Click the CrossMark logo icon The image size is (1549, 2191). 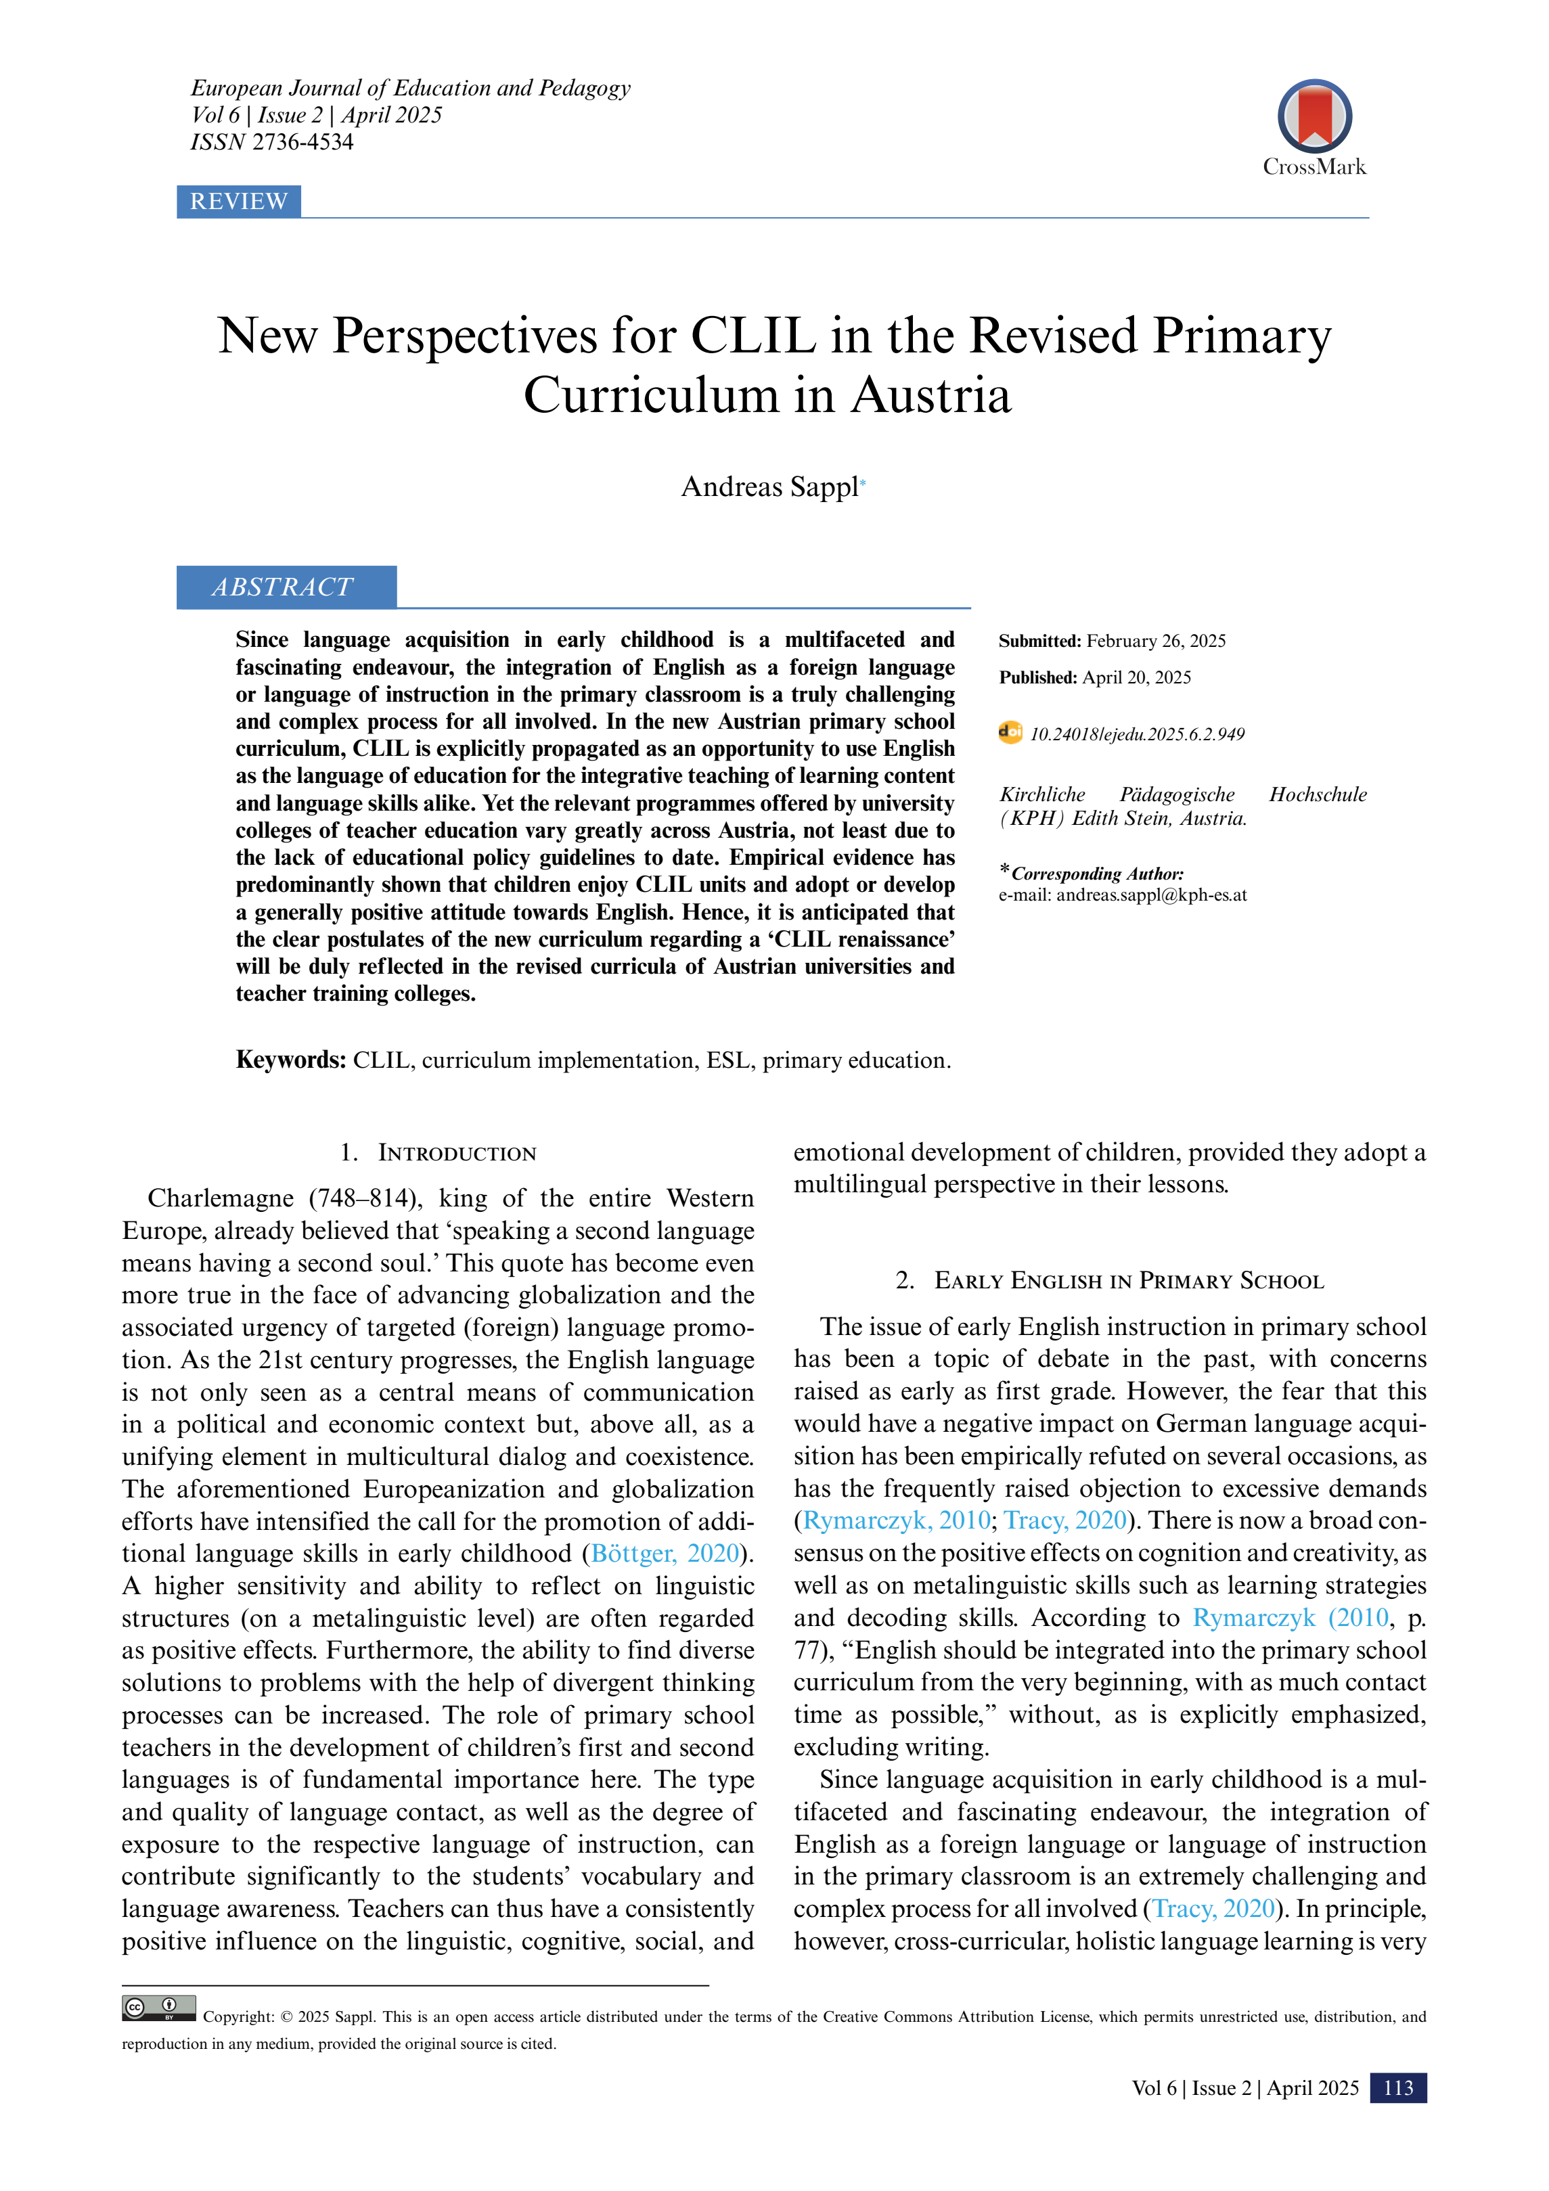pyautogui.click(x=1314, y=116)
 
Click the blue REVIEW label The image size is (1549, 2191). pyautogui.click(x=239, y=202)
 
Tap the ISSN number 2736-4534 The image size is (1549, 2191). pyautogui.click(x=302, y=142)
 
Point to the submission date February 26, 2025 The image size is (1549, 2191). pyautogui.click(x=1156, y=641)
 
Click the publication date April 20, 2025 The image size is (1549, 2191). pyautogui.click(x=1136, y=677)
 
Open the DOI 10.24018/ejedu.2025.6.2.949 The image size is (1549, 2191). pyautogui.click(x=1137, y=735)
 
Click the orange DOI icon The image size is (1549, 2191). pyautogui.click(x=1010, y=733)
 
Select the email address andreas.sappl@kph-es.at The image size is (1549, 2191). pyautogui.click(x=1151, y=895)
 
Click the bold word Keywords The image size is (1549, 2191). pyautogui.click(x=290, y=1060)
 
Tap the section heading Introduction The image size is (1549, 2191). pyautogui.click(x=456, y=1153)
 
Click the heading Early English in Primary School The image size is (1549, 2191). pyautogui.click(x=1128, y=1281)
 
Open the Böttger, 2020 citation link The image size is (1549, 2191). pyautogui.click(x=665, y=1554)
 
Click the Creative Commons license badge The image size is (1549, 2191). pyautogui.click(x=158, y=2008)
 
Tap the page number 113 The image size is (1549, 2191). pyautogui.click(x=1397, y=2088)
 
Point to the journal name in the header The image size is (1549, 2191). pyautogui.click(x=410, y=88)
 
